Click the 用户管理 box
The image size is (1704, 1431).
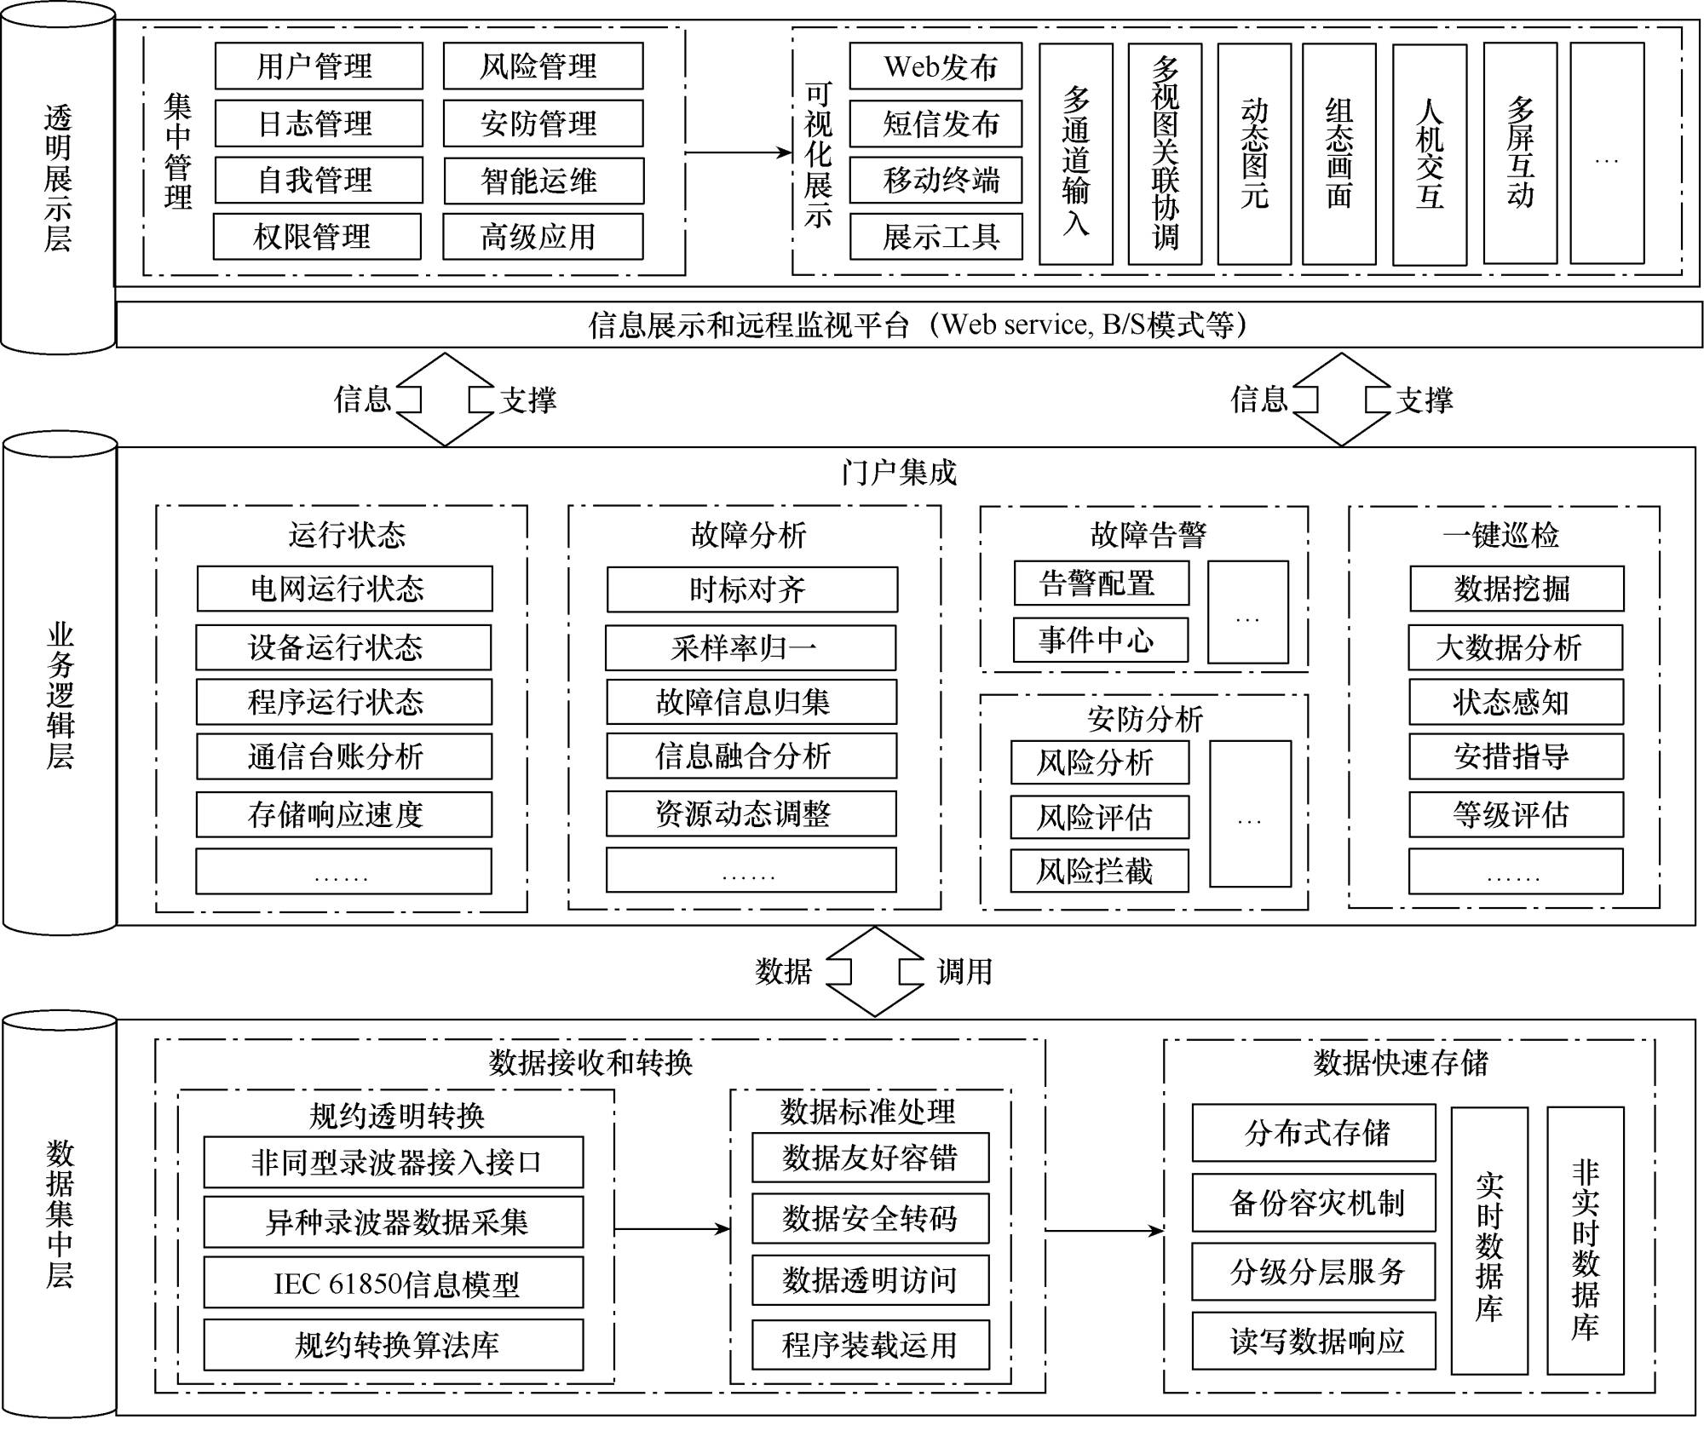click(319, 66)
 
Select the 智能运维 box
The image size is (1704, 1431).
click(544, 181)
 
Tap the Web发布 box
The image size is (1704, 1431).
click(935, 66)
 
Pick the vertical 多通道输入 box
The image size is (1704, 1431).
click(1076, 154)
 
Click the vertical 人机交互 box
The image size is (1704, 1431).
click(1430, 154)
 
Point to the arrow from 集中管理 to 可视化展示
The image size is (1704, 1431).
click(739, 153)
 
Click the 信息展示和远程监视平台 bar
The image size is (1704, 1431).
click(909, 325)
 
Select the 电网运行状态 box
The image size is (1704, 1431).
click(345, 589)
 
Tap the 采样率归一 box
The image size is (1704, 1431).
click(751, 648)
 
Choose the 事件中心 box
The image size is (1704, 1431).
click(1101, 640)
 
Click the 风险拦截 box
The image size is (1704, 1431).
click(1100, 871)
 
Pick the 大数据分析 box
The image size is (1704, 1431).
click(1516, 647)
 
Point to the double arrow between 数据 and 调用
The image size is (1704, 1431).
click(875, 972)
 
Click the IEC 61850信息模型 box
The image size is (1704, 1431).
click(394, 1283)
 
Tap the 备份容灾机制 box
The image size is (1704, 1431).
click(1314, 1203)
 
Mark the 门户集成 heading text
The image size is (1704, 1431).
click(899, 472)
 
